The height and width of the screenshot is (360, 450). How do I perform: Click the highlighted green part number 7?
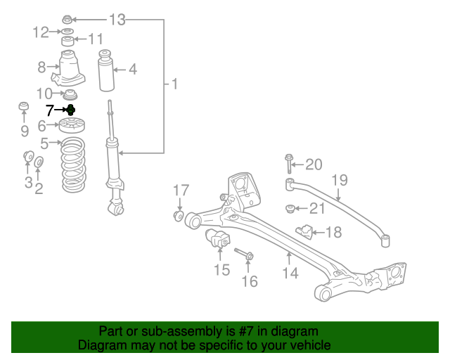pyautogui.click(x=70, y=110)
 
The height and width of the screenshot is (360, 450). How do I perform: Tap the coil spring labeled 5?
pyautogui.click(x=72, y=166)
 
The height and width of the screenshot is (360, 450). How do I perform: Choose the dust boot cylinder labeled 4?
pyautogui.click(x=107, y=70)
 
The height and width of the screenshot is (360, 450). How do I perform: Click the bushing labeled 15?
pyautogui.click(x=217, y=239)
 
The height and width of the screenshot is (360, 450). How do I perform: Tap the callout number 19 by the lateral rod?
pyautogui.click(x=339, y=180)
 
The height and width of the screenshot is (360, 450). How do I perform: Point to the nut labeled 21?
pyautogui.click(x=289, y=207)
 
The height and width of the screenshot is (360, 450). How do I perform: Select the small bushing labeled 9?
pyautogui.click(x=24, y=108)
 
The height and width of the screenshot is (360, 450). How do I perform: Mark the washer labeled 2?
pyautogui.click(x=39, y=164)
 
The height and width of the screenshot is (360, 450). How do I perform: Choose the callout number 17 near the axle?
pyautogui.click(x=181, y=190)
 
